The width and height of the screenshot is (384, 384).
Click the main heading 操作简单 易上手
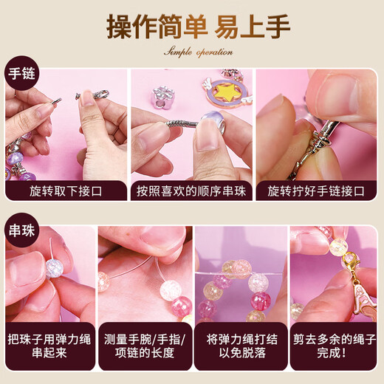click(x=198, y=26)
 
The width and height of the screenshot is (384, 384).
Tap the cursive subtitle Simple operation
click(x=199, y=52)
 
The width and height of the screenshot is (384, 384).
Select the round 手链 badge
click(x=21, y=73)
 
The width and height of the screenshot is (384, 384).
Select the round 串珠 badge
click(x=21, y=230)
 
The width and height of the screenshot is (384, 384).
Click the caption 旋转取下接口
click(x=66, y=191)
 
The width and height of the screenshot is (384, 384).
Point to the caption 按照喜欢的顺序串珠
click(x=191, y=191)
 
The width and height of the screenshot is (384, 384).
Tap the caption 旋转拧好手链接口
click(x=316, y=191)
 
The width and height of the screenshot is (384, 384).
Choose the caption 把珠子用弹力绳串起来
click(x=49, y=346)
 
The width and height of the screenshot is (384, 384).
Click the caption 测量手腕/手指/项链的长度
click(x=145, y=346)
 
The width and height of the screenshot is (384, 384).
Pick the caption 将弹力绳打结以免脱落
click(x=242, y=346)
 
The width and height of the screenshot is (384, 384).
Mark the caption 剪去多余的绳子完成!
click(x=335, y=346)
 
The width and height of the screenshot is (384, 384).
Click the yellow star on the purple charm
click(x=227, y=92)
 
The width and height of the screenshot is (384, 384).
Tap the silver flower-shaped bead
click(x=163, y=97)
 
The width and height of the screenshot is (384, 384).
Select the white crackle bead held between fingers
click(x=55, y=268)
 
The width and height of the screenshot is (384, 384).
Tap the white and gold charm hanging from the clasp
click(x=365, y=298)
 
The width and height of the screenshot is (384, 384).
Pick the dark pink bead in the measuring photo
click(x=182, y=306)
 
